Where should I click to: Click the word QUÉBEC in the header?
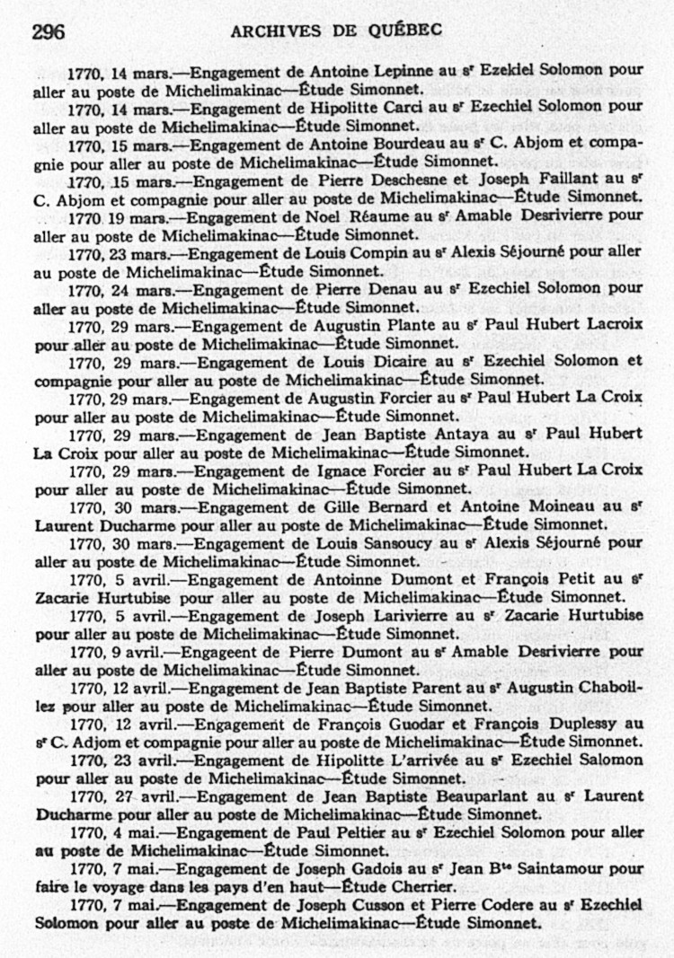(x=404, y=31)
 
